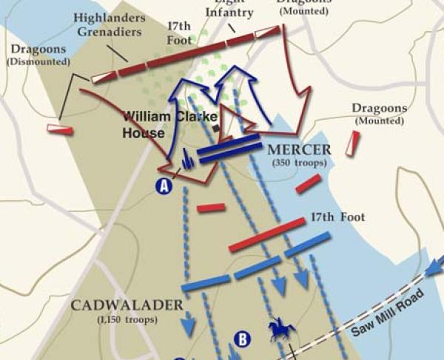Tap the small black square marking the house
click(x=216, y=128)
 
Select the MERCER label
click(x=300, y=150)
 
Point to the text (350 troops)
click(x=300, y=163)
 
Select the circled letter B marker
click(x=242, y=339)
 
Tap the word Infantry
click(x=229, y=13)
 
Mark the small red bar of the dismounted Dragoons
click(x=59, y=129)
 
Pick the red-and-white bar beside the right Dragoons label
click(x=354, y=143)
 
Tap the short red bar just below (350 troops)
click(x=309, y=183)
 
